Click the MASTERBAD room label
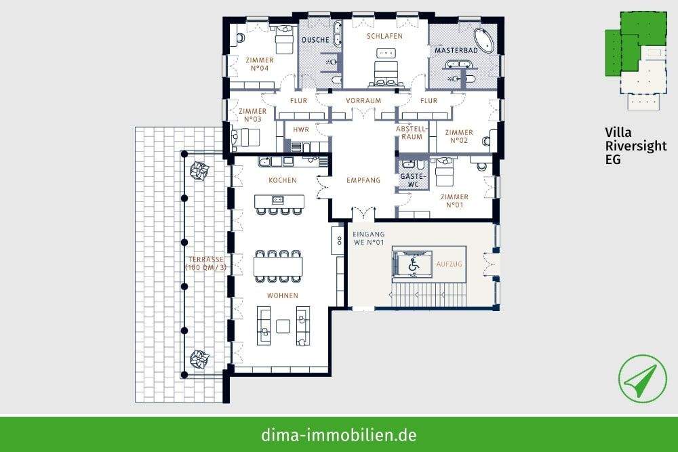(457, 51)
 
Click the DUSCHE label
(315, 40)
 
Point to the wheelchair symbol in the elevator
(413, 265)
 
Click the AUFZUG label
(449, 263)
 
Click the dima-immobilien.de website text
(338, 434)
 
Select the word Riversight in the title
(636, 146)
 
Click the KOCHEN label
(281, 180)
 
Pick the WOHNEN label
(282, 295)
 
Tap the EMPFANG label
(363, 180)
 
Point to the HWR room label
(301, 130)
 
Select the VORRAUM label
(363, 101)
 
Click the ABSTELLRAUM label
(413, 132)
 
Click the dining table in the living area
(278, 266)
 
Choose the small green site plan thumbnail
(634, 58)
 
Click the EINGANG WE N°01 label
(369, 238)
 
